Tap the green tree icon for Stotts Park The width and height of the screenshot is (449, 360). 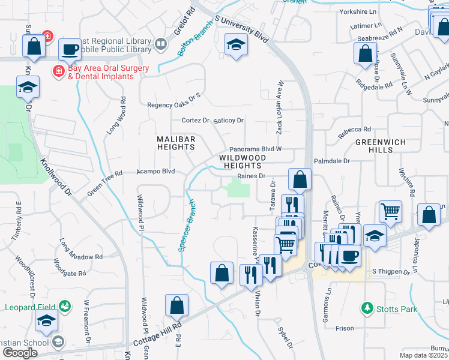tap(367, 308)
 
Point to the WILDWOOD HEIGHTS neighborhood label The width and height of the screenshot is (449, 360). tap(241, 161)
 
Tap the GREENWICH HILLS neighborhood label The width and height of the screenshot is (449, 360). tap(381, 146)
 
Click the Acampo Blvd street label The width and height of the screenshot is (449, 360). tap(155, 171)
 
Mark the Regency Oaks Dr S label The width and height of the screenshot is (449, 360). tap(173, 105)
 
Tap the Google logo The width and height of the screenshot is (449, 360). tap(20, 352)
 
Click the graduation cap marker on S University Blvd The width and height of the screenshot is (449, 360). tap(236, 44)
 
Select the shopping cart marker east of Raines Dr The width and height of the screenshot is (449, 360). tap(391, 211)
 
